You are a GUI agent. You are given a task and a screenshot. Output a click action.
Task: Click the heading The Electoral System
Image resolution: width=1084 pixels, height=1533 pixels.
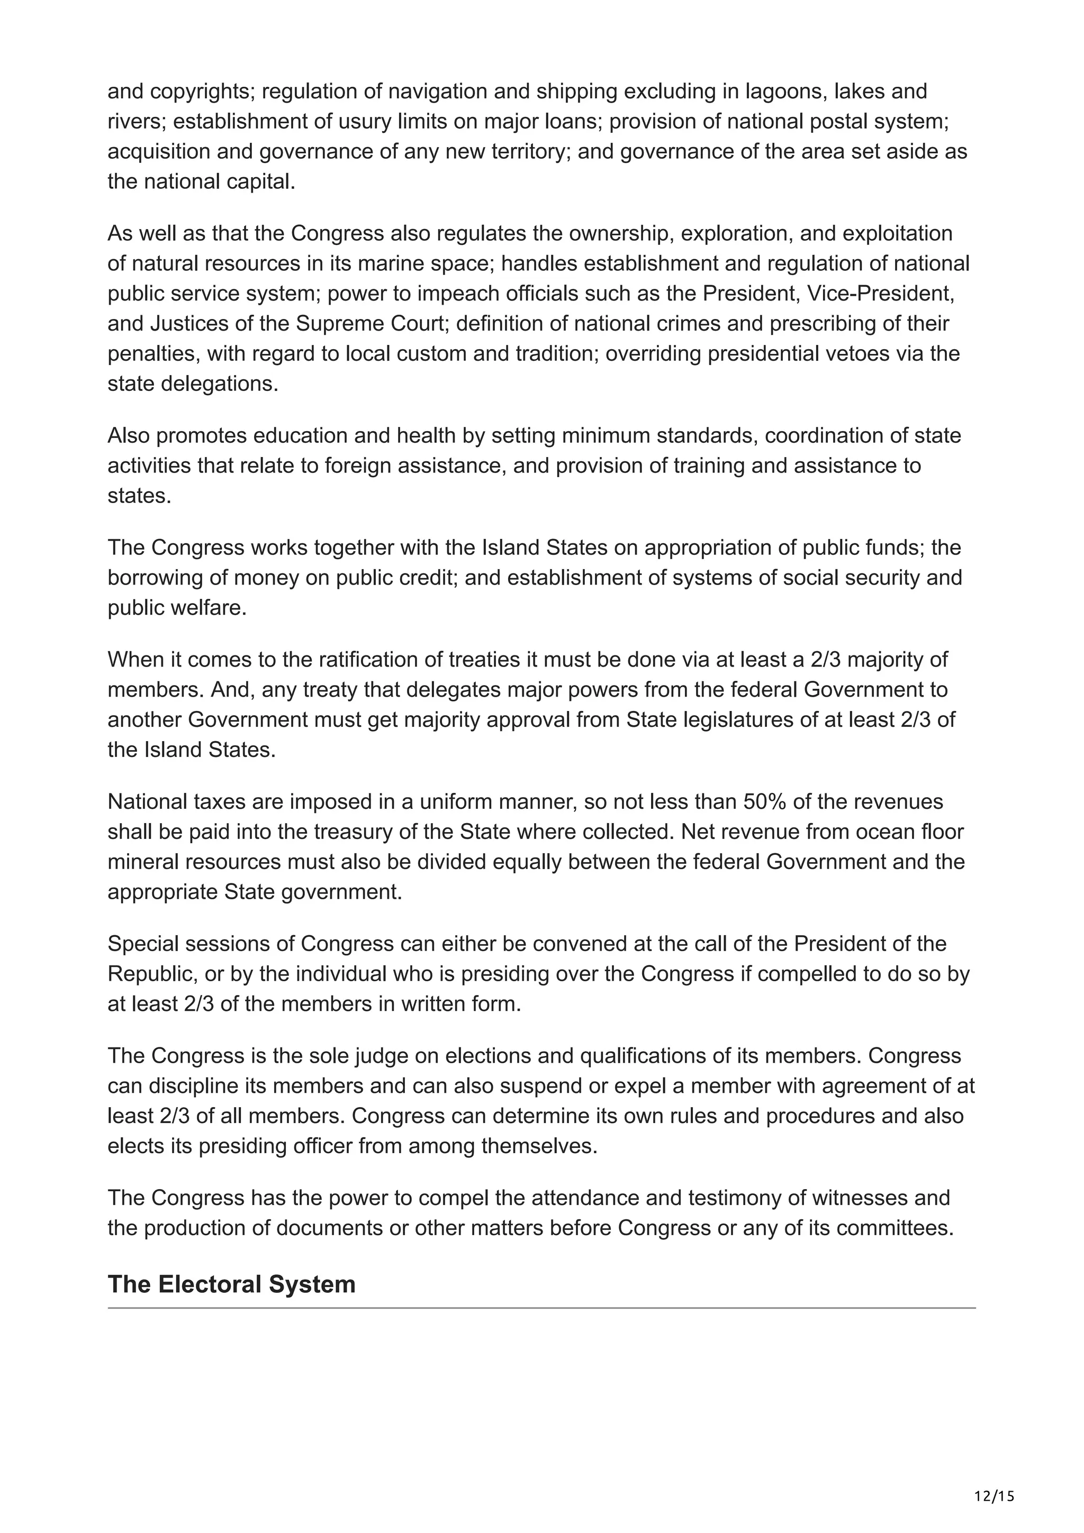point(231,1284)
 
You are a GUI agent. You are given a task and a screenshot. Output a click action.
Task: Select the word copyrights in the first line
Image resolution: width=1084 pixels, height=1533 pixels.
point(201,92)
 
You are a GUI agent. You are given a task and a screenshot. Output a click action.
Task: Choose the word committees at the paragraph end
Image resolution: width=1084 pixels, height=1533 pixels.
point(895,1228)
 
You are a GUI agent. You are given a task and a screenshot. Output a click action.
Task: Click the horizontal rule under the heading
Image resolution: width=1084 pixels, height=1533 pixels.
point(541,1308)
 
